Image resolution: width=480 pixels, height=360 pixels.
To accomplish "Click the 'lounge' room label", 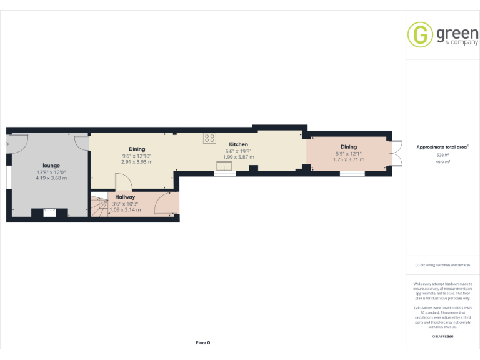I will (x=51, y=165).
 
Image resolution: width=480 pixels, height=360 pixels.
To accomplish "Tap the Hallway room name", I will (x=125, y=197).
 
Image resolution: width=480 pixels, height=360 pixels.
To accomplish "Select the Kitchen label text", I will (x=238, y=144).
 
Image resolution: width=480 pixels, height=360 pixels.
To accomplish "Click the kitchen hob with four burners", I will (x=209, y=138).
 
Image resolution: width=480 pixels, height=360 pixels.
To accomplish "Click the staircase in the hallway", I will (x=99, y=206).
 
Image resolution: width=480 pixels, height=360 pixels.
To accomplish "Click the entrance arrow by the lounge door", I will (x=6, y=145).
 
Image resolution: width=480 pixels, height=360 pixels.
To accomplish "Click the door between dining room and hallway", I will (x=123, y=182).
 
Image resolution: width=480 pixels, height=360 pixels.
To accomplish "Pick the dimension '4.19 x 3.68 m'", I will (x=51, y=178).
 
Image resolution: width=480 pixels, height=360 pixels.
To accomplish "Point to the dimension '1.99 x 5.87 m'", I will (x=239, y=157).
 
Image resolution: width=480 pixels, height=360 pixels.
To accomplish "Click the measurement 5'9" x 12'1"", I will (x=348, y=153).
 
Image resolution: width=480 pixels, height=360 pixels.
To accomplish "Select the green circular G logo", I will (x=420, y=35).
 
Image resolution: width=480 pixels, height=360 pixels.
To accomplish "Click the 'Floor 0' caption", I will (x=203, y=342).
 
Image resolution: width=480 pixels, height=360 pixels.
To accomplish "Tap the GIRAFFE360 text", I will (x=442, y=337).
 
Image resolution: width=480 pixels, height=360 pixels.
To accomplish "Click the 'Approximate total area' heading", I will (x=442, y=147).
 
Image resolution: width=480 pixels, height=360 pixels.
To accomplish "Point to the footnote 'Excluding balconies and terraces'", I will (x=442, y=265).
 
